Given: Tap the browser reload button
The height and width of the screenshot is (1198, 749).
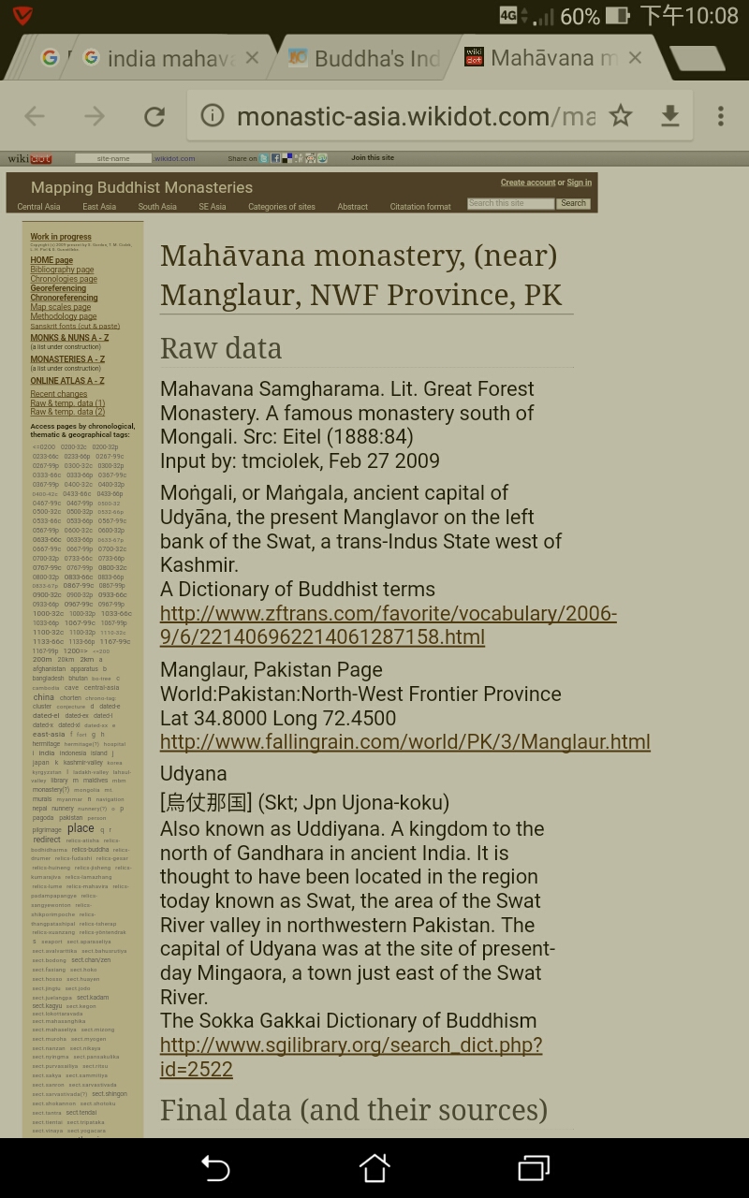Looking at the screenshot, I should pos(154,116).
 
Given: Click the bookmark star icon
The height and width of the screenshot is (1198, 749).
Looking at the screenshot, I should pos(621,116).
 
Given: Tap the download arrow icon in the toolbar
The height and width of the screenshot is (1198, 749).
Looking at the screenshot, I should pos(670,116).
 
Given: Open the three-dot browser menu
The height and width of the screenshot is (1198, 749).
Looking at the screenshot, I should pos(720,116).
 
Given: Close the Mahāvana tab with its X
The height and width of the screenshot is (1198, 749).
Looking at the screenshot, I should pos(635,58).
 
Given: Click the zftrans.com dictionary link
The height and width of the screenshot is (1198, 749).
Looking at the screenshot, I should pos(388,625).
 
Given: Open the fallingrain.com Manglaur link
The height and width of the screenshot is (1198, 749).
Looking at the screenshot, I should pos(404,742).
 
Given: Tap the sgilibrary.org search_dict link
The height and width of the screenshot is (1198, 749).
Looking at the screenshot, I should pos(350,1057).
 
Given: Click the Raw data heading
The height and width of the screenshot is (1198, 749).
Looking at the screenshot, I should pos(221,348).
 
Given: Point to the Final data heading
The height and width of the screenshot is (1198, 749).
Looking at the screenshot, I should pos(353,1109).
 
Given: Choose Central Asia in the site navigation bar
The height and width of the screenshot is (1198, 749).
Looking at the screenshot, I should pos(38,207).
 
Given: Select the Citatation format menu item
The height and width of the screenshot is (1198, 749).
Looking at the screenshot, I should pos(420,207).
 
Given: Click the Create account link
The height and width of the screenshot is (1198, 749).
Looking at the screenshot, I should pos(528,183).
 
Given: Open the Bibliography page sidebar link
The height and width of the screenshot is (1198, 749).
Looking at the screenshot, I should pos(62,270).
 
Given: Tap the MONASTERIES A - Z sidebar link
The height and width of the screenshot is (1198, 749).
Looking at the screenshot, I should pos(67,359).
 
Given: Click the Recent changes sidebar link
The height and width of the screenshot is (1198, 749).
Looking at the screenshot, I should pos(58,394).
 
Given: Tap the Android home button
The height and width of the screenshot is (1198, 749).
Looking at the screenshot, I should pos(374,1167).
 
